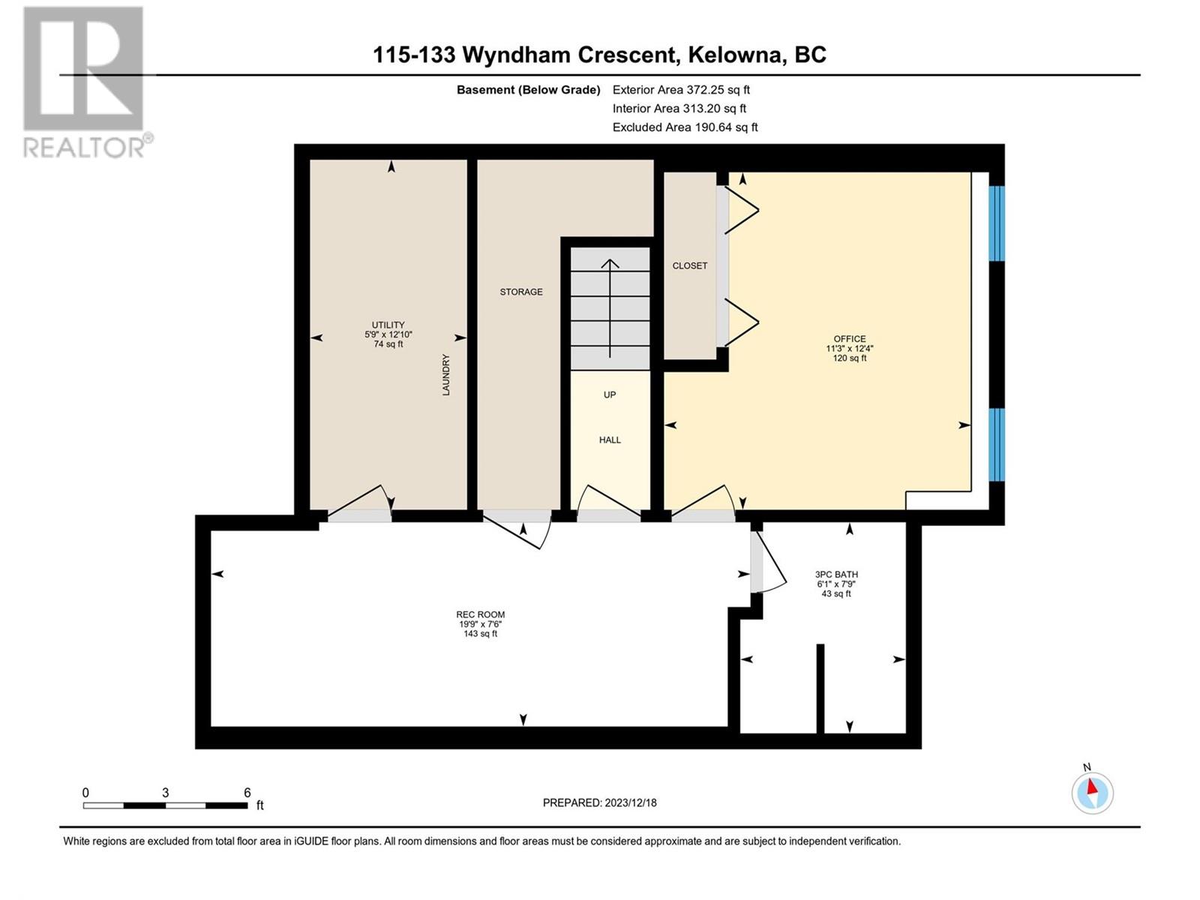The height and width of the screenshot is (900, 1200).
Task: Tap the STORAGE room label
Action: click(521, 292)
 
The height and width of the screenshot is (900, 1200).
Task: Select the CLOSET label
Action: click(689, 265)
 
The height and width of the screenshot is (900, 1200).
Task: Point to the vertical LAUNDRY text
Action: click(445, 374)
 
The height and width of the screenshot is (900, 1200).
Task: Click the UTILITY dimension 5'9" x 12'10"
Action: click(388, 334)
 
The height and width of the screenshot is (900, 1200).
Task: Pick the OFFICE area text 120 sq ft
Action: click(850, 358)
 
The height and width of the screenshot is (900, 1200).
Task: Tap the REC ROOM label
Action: click(481, 614)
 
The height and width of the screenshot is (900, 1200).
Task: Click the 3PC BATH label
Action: click(836, 574)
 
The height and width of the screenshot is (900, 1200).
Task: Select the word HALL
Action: click(610, 440)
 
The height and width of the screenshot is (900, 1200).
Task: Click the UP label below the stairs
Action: click(610, 394)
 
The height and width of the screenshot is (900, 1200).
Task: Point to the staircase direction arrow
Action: click(610, 308)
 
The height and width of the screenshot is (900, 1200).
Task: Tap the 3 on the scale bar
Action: click(165, 792)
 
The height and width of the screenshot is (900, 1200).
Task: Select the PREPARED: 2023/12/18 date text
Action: click(599, 802)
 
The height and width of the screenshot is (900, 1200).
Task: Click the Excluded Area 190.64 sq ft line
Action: click(685, 127)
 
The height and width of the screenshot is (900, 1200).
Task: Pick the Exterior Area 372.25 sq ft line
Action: click(681, 89)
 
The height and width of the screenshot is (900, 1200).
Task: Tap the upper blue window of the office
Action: click(997, 223)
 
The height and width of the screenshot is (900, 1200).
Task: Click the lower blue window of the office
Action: click(997, 444)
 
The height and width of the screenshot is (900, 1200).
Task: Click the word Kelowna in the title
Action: click(733, 55)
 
